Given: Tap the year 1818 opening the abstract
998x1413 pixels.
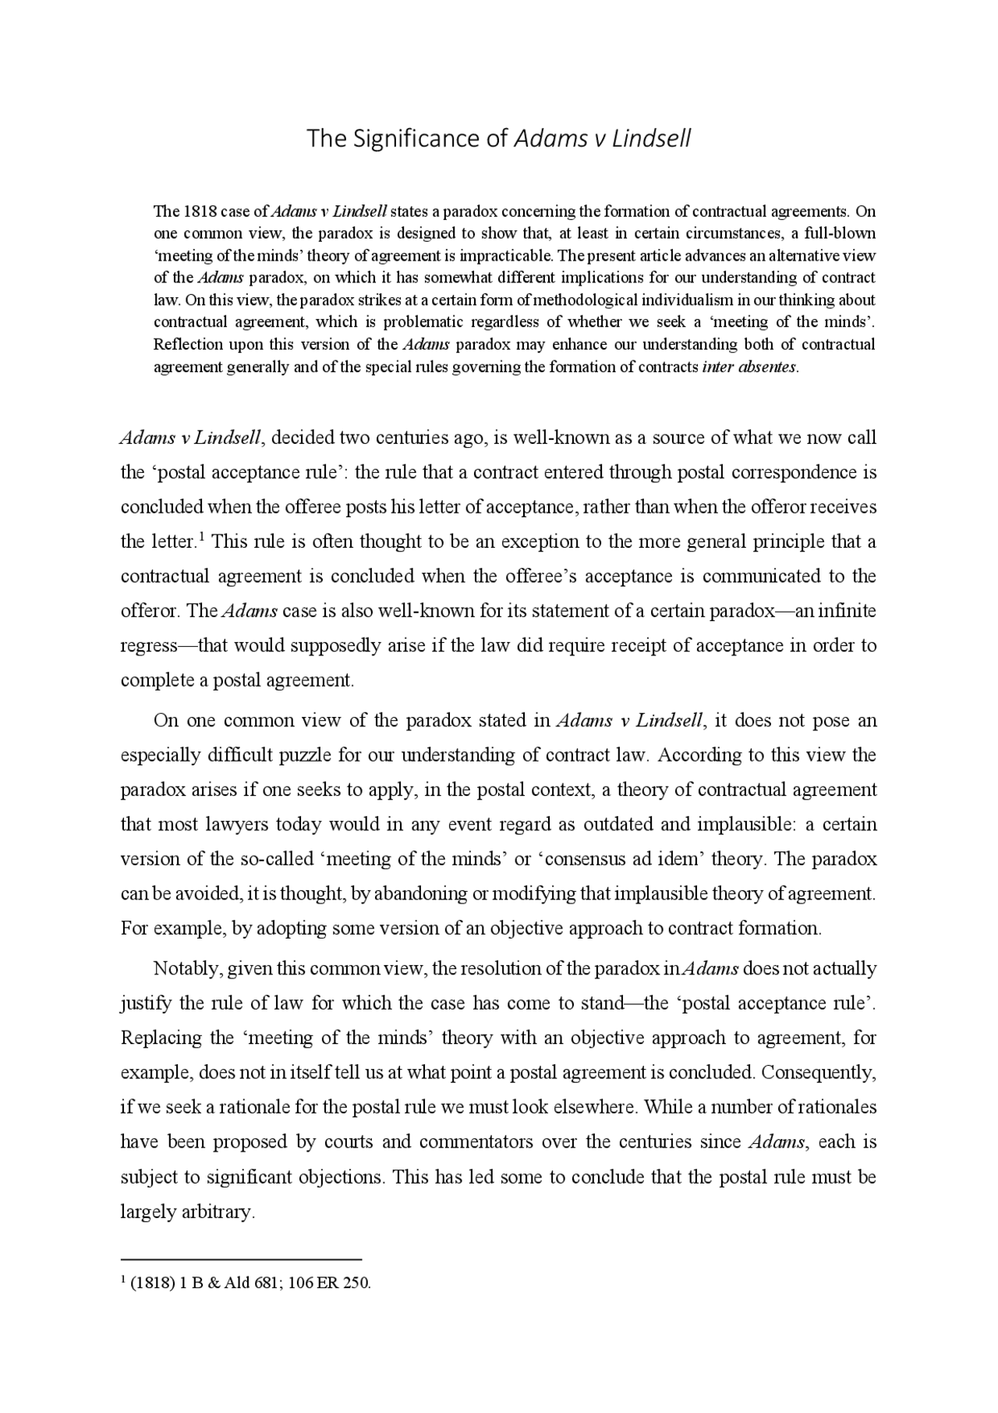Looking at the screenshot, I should tap(193, 211).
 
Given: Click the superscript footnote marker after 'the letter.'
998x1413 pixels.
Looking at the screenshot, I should tap(201, 536).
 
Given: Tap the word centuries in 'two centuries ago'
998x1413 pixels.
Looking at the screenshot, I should tap(412, 438).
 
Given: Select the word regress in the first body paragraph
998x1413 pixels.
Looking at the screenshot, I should tap(148, 646).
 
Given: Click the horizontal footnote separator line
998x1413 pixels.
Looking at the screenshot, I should tap(241, 1259).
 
